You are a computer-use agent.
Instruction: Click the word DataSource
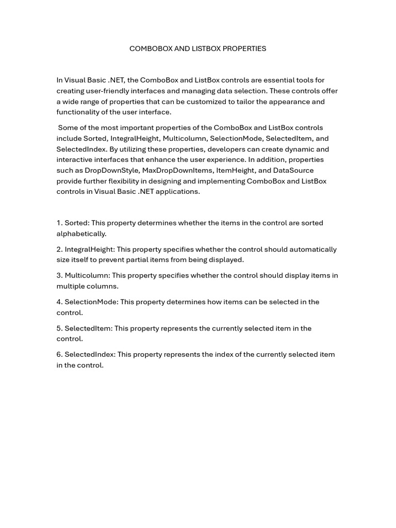coord(293,171)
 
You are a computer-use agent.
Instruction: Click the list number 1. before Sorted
coord(60,223)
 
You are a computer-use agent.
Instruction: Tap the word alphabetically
coord(81,234)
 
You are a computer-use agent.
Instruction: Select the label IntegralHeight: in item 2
coord(89,250)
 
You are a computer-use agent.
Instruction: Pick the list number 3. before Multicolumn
coord(60,276)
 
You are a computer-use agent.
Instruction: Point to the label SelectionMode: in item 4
coord(91,302)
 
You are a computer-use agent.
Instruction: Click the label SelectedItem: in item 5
coord(88,328)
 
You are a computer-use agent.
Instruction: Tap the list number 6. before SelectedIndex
coord(60,355)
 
